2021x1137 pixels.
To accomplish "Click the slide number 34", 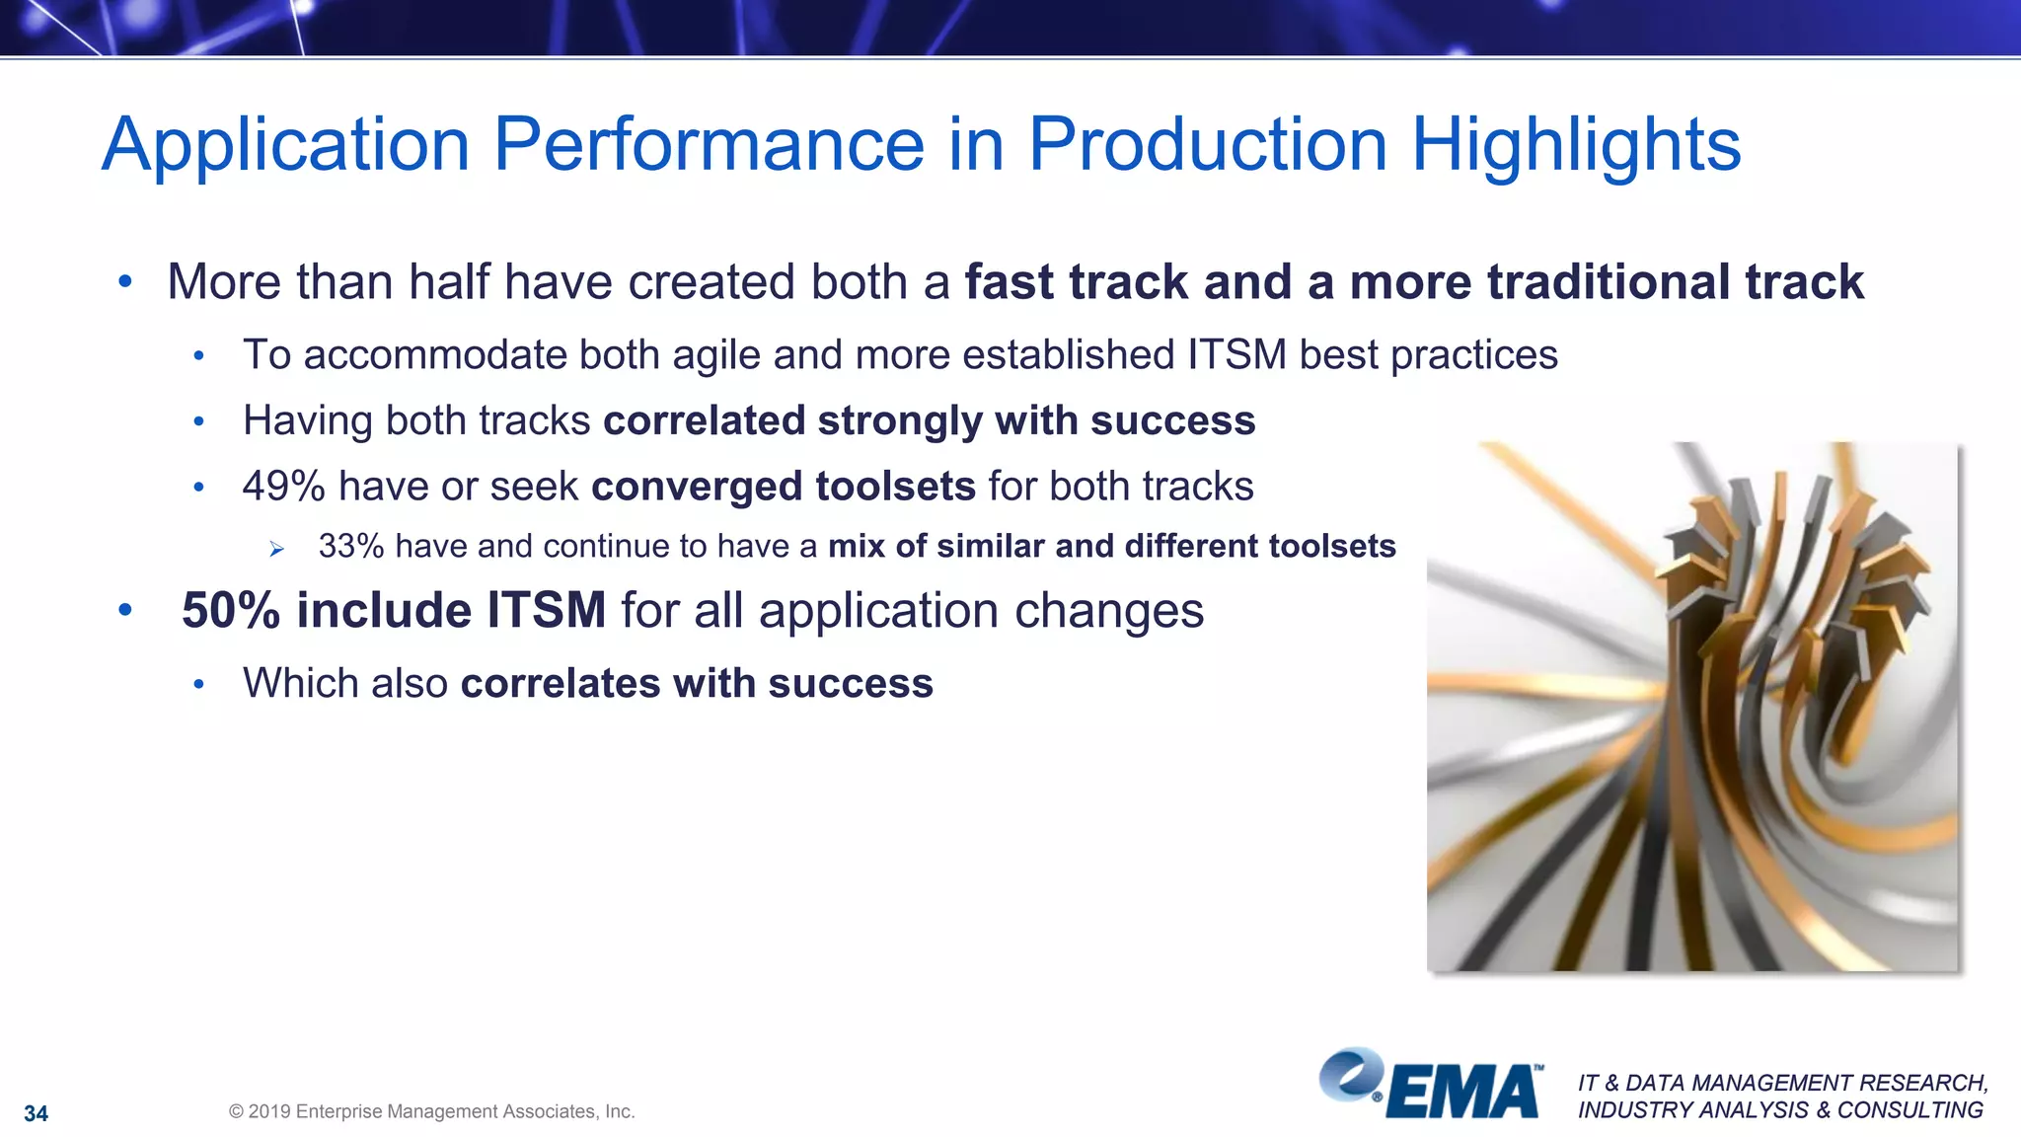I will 36,1113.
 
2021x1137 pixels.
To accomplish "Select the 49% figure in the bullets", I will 283,487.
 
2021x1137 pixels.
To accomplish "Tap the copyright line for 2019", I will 431,1111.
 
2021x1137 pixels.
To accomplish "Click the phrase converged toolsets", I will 783,487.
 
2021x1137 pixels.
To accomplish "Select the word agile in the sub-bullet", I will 716,355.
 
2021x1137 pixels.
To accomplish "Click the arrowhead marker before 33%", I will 276,549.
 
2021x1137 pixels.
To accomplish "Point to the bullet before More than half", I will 124,282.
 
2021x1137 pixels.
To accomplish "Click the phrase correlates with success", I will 696,683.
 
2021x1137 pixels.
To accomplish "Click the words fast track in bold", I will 1076,282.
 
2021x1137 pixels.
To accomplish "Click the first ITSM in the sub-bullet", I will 1236,355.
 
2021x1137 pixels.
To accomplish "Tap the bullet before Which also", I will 198,684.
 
